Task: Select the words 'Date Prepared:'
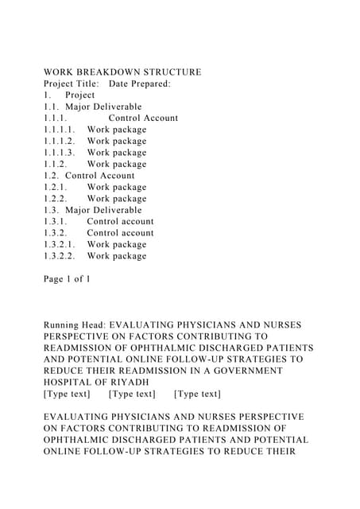point(140,84)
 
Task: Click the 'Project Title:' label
point(72,84)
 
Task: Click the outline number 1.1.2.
point(56,164)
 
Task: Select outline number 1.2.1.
point(56,187)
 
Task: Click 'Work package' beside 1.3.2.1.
point(117,245)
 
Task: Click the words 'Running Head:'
point(74,325)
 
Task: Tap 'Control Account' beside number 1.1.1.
point(143,119)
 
